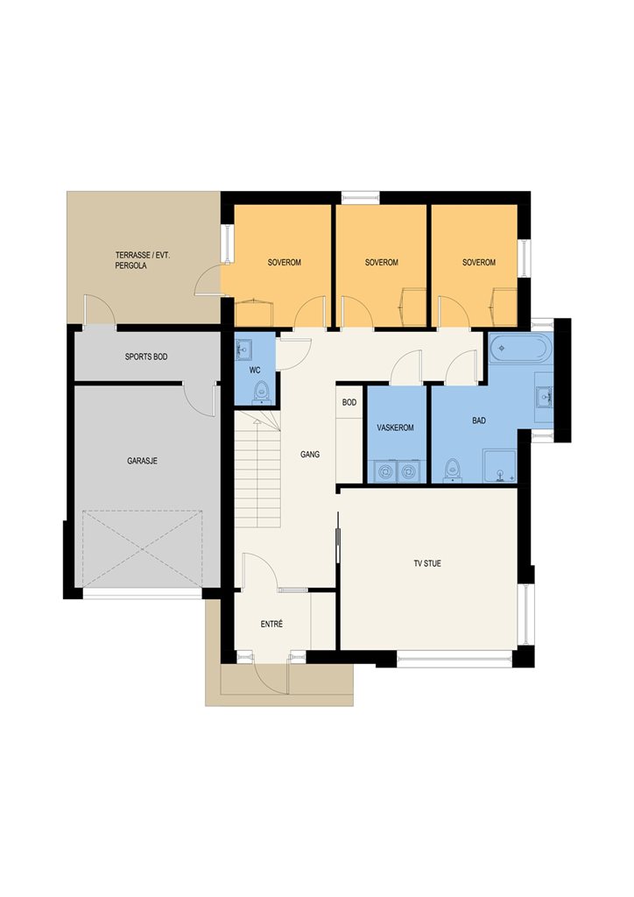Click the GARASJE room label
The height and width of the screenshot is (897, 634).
(x=142, y=461)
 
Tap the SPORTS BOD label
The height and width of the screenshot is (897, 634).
(x=146, y=357)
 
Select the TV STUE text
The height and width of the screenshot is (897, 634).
(x=427, y=563)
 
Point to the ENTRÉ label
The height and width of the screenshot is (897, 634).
(x=271, y=624)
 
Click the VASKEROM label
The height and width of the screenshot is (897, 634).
(x=395, y=427)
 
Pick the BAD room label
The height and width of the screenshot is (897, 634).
(x=479, y=420)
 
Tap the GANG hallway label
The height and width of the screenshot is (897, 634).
(x=310, y=455)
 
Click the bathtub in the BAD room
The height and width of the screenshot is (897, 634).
(x=521, y=349)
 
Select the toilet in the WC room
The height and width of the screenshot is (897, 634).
(x=261, y=392)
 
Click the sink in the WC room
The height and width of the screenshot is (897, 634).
(x=244, y=349)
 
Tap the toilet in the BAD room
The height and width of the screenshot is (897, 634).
(x=453, y=470)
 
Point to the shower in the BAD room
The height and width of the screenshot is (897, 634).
(x=500, y=466)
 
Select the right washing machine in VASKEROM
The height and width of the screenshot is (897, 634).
(x=407, y=470)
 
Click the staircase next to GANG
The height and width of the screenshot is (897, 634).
(x=258, y=470)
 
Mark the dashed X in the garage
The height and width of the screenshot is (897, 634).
(x=143, y=549)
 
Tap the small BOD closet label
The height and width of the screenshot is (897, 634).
(x=349, y=402)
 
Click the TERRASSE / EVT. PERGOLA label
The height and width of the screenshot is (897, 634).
(x=143, y=260)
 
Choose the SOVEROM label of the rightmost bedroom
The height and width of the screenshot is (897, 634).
(x=479, y=263)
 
